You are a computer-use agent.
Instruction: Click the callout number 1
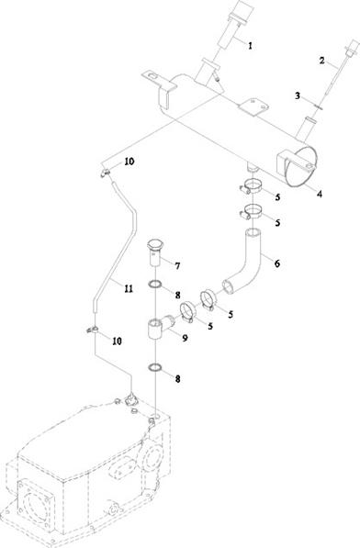[x=250, y=45]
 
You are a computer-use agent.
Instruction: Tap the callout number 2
[x=322, y=60]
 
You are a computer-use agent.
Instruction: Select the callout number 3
[x=298, y=95]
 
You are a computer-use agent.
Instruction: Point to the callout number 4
[x=319, y=194]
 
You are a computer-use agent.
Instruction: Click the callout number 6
[x=277, y=263]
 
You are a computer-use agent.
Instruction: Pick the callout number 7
[x=177, y=266]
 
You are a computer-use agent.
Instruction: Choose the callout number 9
[x=185, y=338]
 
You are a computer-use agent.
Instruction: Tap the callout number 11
[x=129, y=288]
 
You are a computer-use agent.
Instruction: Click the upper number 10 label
[x=129, y=162]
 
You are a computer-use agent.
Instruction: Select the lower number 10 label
[x=117, y=341]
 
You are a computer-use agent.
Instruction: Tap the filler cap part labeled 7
[x=153, y=252]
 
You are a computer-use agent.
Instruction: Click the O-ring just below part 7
[x=154, y=285]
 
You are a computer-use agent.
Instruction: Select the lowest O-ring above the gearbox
[x=155, y=367]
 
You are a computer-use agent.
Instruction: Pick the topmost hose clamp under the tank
[x=251, y=186]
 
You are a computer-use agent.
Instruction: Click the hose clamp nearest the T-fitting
[x=187, y=312]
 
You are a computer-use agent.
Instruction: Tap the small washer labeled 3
[x=319, y=107]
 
